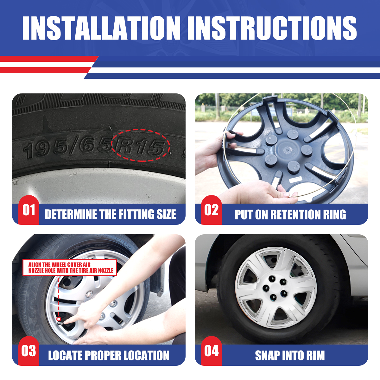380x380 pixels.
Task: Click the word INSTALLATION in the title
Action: [x=101, y=28]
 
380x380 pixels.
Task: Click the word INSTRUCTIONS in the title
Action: [x=272, y=28]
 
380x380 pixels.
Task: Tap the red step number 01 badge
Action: [x=29, y=210]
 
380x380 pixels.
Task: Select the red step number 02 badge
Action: [x=212, y=210]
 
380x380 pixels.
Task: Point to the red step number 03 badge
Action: [x=29, y=351]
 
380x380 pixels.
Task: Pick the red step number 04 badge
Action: [x=212, y=351]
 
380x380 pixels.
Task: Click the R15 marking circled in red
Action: [x=140, y=146]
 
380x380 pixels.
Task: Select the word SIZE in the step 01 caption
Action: [x=166, y=214]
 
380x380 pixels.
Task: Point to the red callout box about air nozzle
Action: [x=70, y=267]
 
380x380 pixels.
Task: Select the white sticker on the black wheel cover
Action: [x=295, y=179]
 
